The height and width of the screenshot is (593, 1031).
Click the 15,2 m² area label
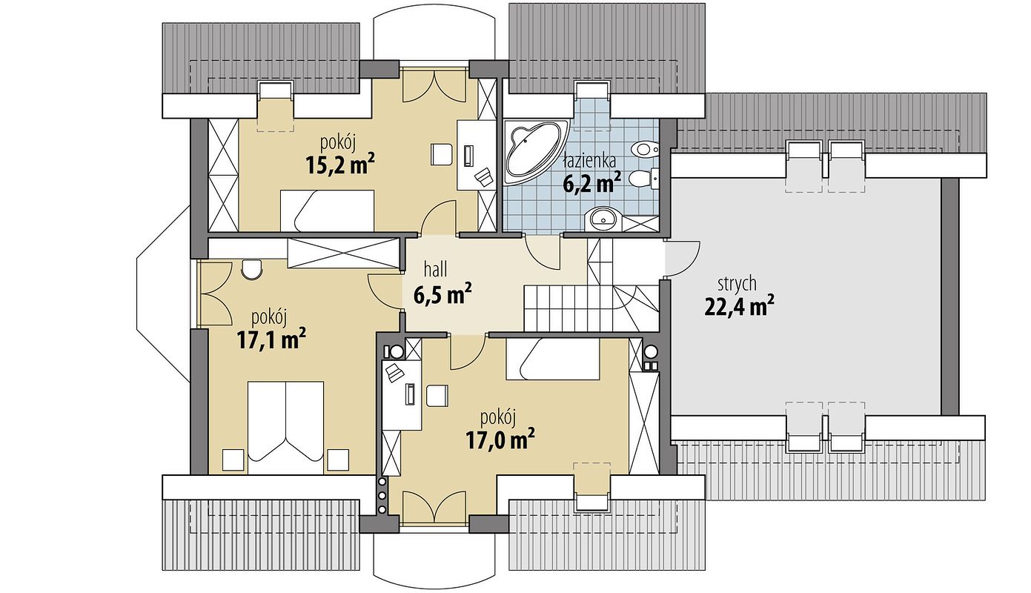point(339,165)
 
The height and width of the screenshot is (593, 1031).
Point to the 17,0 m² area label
point(500,440)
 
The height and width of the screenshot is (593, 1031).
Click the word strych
point(737,284)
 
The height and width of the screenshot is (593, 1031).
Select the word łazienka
point(589,161)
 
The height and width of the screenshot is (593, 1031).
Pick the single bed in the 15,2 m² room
point(328,210)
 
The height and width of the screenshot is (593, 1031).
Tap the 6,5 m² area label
point(442,295)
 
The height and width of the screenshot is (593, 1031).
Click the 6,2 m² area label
point(592,183)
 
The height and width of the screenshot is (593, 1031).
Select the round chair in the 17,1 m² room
point(252,269)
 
